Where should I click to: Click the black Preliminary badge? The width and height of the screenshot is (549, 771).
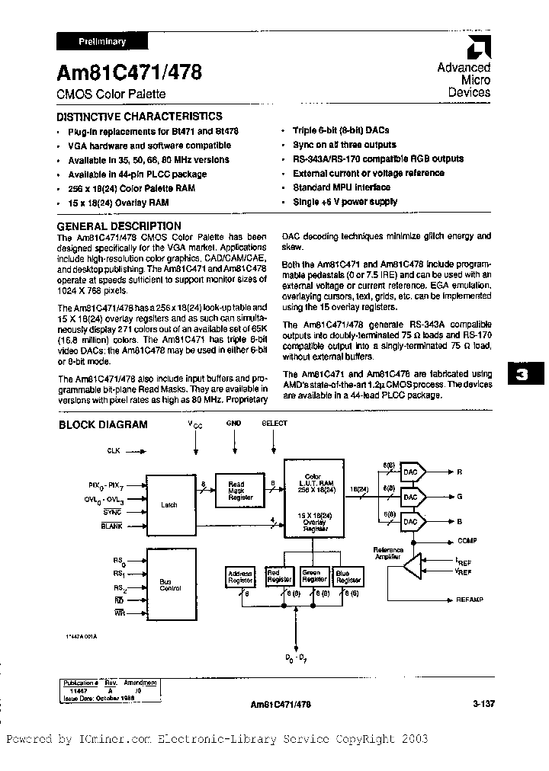(102, 42)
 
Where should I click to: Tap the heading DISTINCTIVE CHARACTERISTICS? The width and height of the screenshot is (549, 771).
(140, 117)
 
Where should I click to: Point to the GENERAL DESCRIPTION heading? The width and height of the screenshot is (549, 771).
(120, 226)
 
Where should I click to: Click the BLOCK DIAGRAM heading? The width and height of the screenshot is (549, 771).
(103, 424)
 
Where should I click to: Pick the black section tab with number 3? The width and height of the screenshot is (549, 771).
(522, 375)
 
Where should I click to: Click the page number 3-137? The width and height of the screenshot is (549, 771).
(483, 705)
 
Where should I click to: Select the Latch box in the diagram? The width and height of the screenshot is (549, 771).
(169, 504)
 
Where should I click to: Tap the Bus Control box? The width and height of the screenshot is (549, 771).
(169, 585)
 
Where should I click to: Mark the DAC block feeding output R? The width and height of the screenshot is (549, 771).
(412, 472)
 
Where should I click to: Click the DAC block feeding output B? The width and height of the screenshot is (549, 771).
(412, 522)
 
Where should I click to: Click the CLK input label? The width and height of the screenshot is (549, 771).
(114, 452)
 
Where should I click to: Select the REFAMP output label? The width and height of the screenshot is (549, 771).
(470, 600)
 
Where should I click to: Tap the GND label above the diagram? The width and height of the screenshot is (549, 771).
(233, 423)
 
